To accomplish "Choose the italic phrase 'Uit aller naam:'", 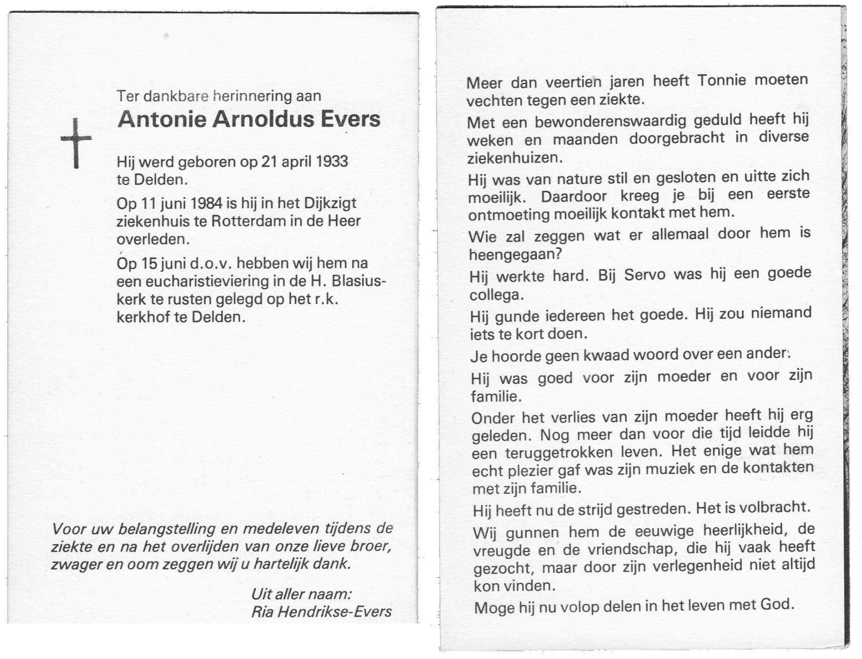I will [301, 594].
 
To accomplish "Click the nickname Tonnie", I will [722, 80].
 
